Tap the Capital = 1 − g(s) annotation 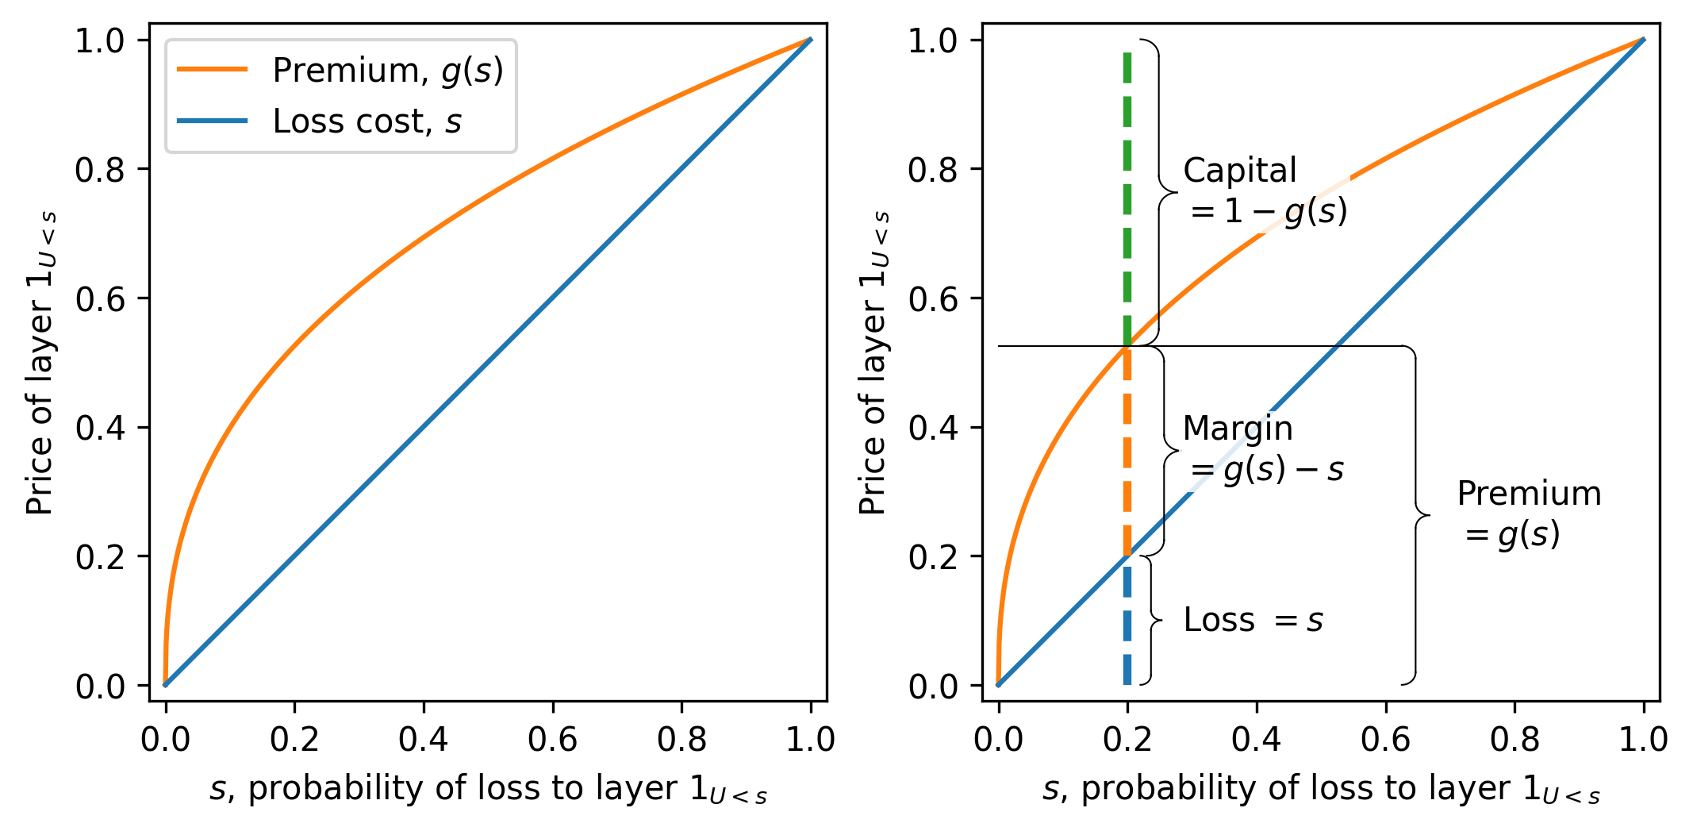[x=1265, y=191]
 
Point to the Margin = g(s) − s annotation [x=1263, y=449]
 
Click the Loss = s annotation [x=1253, y=620]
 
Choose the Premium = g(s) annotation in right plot [x=1528, y=514]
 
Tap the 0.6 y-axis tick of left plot [x=100, y=299]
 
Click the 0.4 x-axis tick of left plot [x=423, y=740]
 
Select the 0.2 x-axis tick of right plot [x=1127, y=740]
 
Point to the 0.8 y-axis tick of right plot [x=933, y=170]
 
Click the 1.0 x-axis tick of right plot [x=1643, y=740]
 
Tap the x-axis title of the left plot [x=488, y=790]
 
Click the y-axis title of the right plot [x=873, y=363]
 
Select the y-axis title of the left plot [x=40, y=363]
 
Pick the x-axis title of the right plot [x=1321, y=790]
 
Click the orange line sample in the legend [x=212, y=70]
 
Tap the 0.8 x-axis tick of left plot [x=681, y=740]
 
